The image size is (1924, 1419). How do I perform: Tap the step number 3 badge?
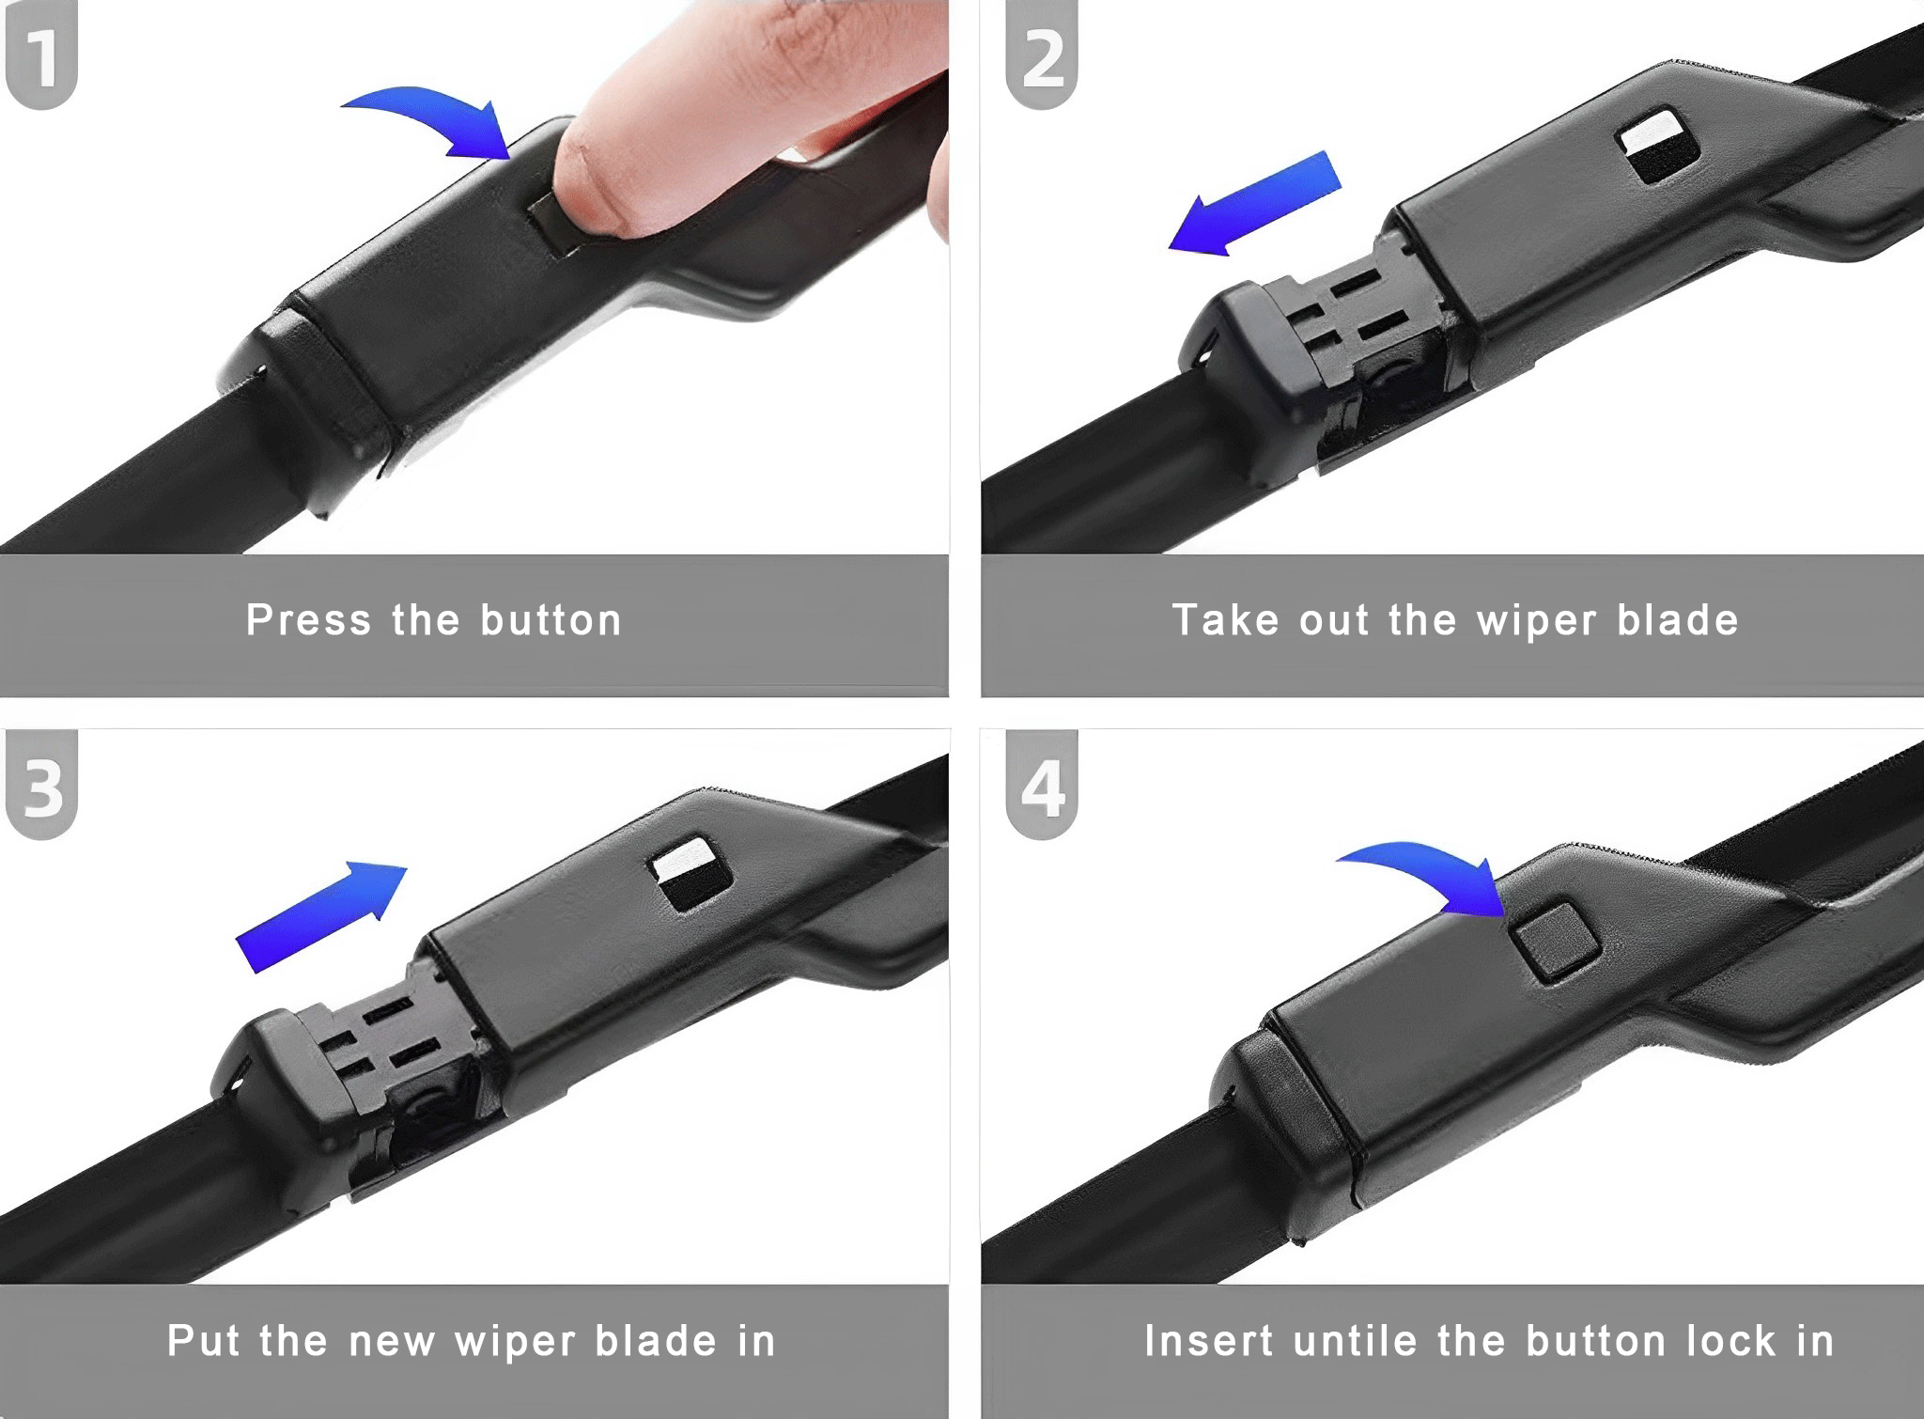[x=41, y=786]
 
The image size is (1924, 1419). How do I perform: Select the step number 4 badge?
[x=1042, y=787]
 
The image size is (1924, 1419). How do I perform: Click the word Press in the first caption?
[x=308, y=621]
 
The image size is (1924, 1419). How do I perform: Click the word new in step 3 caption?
[x=391, y=1342]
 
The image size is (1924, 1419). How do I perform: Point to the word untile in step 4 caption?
[x=1354, y=1342]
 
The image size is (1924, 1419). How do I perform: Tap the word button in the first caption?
[x=551, y=621]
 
